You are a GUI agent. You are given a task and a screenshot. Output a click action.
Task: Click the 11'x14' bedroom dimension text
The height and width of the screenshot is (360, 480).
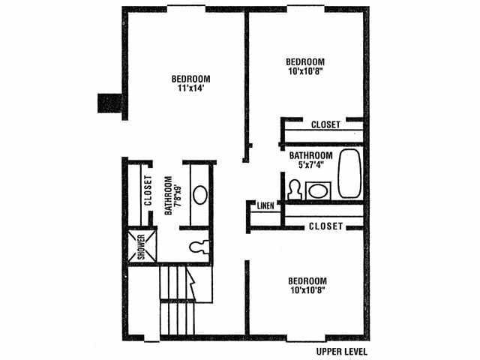(190, 88)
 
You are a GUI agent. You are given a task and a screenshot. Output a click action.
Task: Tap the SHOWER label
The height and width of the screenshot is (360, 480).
(141, 247)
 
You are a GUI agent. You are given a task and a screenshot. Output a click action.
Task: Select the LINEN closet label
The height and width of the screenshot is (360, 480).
(265, 205)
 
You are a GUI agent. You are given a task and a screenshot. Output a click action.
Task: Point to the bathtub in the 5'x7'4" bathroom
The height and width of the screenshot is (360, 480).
(349, 173)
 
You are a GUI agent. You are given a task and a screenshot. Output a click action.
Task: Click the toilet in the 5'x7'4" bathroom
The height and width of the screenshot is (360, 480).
(294, 190)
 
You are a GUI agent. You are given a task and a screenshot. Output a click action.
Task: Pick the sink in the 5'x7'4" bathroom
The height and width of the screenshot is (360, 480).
(318, 191)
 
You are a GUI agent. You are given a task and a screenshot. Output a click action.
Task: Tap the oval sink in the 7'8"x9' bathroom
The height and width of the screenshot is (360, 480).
(200, 195)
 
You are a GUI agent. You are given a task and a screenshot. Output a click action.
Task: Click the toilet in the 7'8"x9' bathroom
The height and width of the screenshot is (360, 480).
(199, 247)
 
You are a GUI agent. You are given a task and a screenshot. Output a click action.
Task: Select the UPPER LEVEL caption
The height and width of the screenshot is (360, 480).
(342, 352)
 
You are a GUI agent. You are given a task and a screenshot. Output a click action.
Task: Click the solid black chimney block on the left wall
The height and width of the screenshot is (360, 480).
(110, 103)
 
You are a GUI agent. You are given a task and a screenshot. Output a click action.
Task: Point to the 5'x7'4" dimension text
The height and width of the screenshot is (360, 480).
(311, 165)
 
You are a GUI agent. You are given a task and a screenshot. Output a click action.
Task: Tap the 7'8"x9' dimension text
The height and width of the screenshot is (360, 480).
(178, 196)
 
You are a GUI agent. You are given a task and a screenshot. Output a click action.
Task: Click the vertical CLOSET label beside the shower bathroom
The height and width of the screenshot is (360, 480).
(148, 190)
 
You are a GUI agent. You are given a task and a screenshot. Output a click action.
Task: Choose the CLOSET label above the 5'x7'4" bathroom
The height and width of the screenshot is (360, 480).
(325, 124)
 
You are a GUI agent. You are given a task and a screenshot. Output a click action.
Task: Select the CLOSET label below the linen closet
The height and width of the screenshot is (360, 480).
(325, 226)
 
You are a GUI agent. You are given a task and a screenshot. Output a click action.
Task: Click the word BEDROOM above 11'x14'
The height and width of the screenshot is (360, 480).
(190, 79)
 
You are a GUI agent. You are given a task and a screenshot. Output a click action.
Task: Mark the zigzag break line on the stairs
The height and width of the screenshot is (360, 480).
(192, 283)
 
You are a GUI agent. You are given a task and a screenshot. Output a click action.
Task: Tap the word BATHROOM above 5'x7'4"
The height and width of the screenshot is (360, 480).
(311, 155)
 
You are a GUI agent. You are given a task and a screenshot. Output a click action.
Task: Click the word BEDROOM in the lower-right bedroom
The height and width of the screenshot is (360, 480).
(307, 280)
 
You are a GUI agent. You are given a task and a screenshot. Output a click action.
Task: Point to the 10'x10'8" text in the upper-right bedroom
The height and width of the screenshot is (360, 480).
(306, 71)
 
